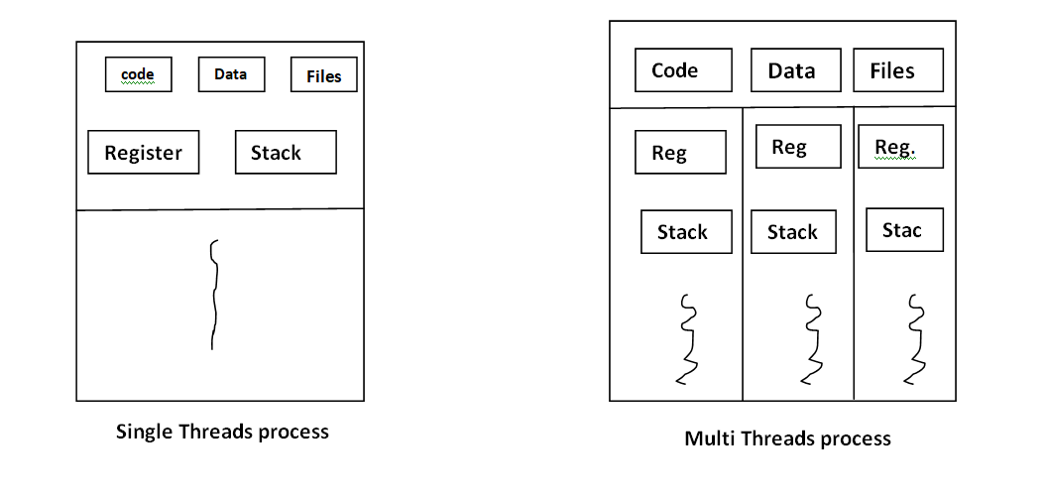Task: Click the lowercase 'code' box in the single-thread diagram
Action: [138, 74]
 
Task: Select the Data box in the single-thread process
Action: [231, 74]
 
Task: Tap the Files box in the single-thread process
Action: [323, 75]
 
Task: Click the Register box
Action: [143, 153]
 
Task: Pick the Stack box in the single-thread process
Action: [286, 153]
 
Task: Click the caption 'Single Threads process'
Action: [222, 432]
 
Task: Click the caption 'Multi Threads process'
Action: [787, 437]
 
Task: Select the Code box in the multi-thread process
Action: [683, 70]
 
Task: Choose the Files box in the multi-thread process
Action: [898, 70]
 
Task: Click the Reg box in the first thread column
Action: [680, 153]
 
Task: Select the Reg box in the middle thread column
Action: [798, 147]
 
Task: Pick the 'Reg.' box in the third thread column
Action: [900, 147]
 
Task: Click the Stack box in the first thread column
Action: [686, 232]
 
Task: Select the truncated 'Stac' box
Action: [904, 230]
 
